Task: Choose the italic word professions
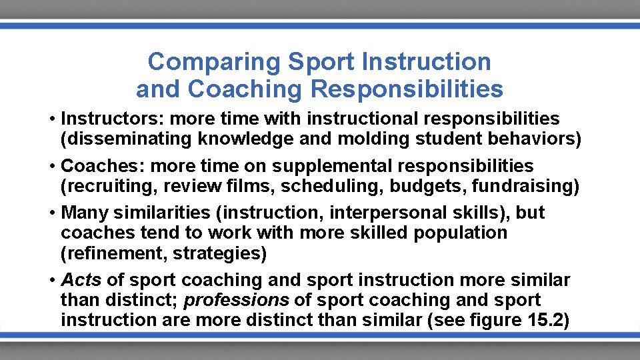[237, 300]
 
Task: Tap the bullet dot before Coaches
[51, 165]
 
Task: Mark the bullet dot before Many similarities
[51, 213]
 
